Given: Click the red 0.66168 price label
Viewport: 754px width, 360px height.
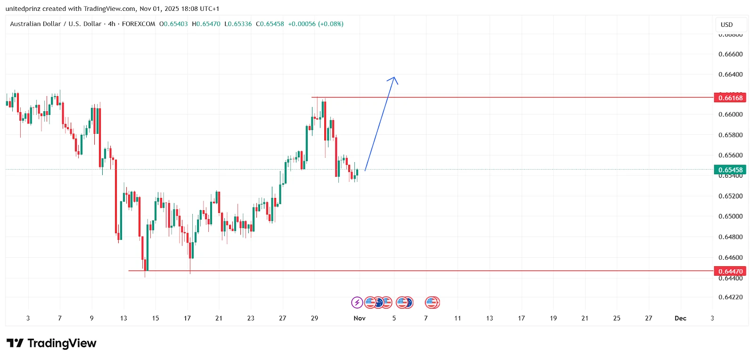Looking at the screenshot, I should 730,98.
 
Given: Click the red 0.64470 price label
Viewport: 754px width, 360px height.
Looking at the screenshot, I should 730,271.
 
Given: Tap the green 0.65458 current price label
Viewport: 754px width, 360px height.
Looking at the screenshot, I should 730,170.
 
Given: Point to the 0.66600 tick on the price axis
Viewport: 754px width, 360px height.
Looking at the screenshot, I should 730,54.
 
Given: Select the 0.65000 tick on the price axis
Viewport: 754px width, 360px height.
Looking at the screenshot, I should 730,216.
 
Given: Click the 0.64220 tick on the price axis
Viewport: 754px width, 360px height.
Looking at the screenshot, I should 730,297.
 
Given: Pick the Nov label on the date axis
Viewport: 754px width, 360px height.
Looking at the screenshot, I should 360,319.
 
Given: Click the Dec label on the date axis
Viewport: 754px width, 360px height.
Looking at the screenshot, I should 680,319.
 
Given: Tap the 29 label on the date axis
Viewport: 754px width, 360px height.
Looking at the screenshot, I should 314,319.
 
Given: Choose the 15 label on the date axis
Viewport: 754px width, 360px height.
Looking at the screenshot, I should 156,319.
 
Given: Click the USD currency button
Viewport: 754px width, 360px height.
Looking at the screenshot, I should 727,25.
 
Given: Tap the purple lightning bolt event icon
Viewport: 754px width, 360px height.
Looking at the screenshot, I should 357,303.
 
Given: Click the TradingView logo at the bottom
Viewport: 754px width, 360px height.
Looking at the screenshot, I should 51,343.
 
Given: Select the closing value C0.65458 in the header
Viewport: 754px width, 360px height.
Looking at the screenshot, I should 270,24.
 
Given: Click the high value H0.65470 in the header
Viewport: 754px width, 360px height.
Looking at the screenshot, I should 206,24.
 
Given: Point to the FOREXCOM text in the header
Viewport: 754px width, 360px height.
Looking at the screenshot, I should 139,24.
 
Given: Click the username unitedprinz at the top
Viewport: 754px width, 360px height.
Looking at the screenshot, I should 23,9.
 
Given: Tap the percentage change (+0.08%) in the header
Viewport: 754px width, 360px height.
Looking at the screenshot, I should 330,24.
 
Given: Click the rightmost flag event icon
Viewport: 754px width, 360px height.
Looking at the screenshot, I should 432,303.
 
